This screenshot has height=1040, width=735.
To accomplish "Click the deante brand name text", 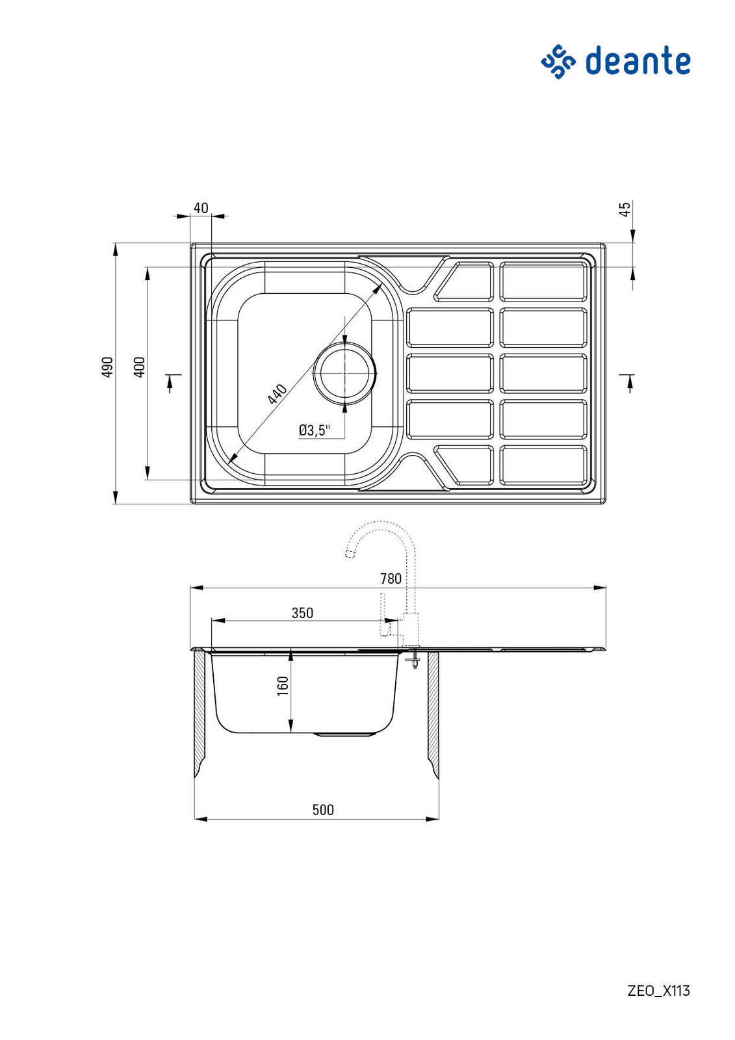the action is pos(638,61).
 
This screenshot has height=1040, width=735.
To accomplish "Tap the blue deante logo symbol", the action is pos(558,62).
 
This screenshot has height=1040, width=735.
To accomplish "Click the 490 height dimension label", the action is pos(107,367).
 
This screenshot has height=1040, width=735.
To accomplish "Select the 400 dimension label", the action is pos(140,367).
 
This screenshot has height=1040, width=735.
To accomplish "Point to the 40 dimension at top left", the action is pos(201,207).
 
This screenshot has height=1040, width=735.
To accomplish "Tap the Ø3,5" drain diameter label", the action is pos(314,430).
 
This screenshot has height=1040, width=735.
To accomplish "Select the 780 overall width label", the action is pos(391,579).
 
